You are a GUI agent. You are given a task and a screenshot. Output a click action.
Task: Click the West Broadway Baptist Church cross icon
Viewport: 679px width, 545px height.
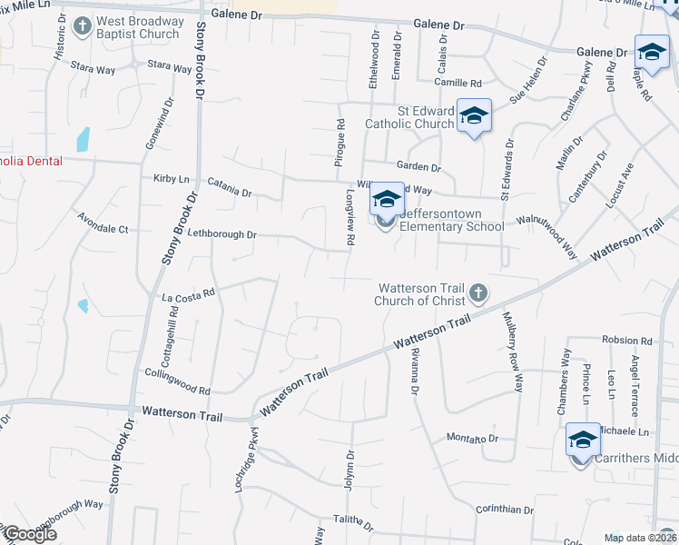pyautogui.click(x=83, y=26)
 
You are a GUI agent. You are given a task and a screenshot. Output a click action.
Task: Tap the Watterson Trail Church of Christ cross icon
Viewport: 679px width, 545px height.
pyautogui.click(x=478, y=293)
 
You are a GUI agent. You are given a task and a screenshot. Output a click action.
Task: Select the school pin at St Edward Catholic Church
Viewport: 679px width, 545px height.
pyautogui.click(x=474, y=116)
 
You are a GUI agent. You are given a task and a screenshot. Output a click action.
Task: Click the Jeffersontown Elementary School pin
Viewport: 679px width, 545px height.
pyautogui.click(x=388, y=201)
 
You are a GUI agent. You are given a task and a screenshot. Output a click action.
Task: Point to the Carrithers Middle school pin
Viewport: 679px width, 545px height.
pyautogui.click(x=582, y=441)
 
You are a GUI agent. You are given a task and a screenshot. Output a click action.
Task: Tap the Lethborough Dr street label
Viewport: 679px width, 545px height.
pyautogui.click(x=222, y=234)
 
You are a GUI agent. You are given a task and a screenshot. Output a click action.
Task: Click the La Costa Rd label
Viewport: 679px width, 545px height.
pyautogui.click(x=188, y=294)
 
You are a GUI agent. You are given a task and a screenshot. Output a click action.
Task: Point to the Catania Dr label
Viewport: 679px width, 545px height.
pyautogui.click(x=228, y=192)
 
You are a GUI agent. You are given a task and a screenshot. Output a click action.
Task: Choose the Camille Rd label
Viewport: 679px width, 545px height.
pyautogui.click(x=456, y=83)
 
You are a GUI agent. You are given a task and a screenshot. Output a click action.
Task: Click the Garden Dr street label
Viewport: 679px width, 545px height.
pyautogui.click(x=418, y=167)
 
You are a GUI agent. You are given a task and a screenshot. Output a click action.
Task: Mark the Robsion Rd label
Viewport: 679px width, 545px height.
pyautogui.click(x=627, y=341)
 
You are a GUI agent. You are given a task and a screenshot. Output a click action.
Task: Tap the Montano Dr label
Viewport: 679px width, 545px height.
pyautogui.click(x=473, y=438)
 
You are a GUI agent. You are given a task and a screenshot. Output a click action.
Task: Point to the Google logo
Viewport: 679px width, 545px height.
pyautogui.click(x=29, y=534)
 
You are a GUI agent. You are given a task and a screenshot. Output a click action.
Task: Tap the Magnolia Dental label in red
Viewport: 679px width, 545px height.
pyautogui.click(x=31, y=161)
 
